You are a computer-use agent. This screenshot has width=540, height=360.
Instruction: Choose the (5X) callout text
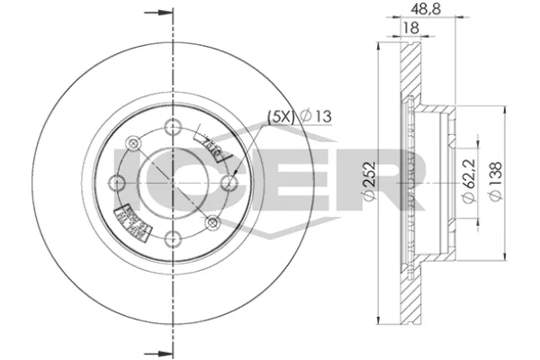[278, 116]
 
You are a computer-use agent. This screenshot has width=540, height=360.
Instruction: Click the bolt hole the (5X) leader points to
[230, 184]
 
